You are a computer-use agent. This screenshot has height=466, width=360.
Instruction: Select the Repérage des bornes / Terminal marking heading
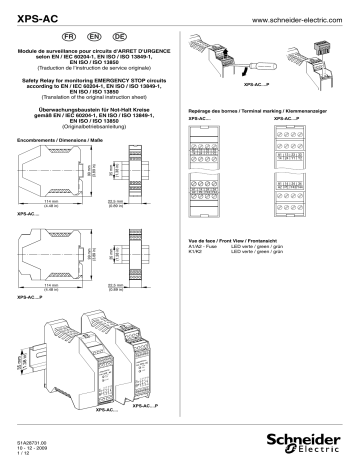(250, 111)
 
